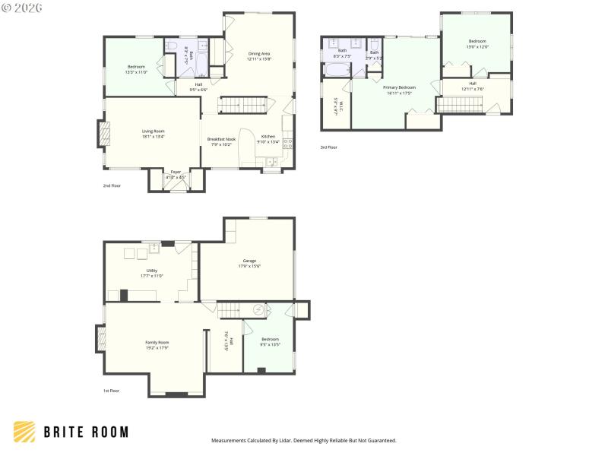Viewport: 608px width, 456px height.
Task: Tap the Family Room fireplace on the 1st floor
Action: point(100,338)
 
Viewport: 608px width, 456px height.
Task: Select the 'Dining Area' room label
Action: point(259,53)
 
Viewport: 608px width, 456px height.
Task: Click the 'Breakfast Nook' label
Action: point(222,139)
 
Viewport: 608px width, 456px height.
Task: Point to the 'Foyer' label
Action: point(176,172)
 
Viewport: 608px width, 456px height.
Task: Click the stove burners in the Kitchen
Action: point(287,142)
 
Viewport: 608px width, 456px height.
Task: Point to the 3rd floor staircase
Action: point(461,104)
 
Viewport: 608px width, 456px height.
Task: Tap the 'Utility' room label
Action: point(152,271)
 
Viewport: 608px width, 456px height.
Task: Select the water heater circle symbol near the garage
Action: point(259,309)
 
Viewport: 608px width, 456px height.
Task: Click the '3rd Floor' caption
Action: point(328,147)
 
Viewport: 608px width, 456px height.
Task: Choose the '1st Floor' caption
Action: point(112,391)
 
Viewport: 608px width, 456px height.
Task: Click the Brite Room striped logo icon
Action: point(24,432)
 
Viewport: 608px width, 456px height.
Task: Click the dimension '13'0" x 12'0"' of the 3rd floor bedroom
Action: point(477,47)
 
